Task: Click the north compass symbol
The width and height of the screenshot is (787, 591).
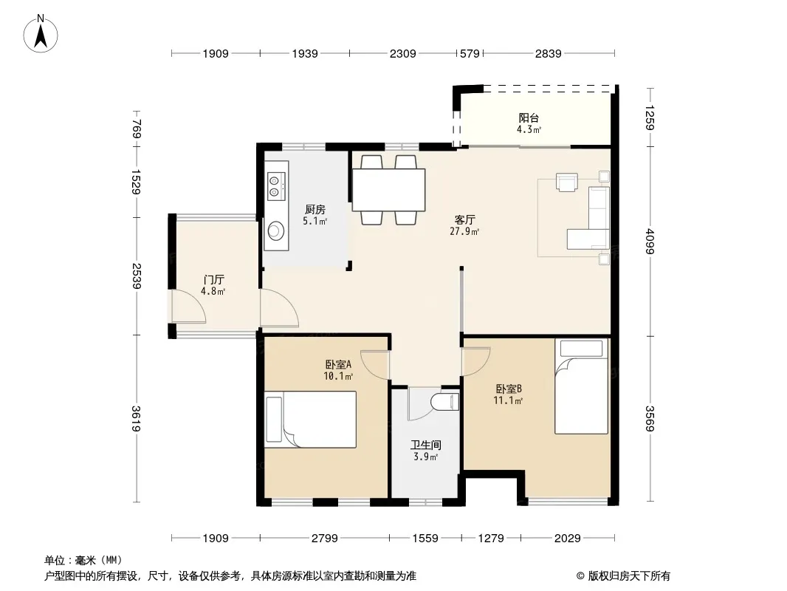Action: pyautogui.click(x=41, y=34)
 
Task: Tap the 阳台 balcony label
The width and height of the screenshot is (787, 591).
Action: pyautogui.click(x=529, y=118)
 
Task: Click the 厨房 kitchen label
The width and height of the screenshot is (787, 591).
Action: pyautogui.click(x=315, y=209)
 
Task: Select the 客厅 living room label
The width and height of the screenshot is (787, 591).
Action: pyautogui.click(x=465, y=220)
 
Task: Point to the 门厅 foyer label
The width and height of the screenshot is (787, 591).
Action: pyautogui.click(x=214, y=280)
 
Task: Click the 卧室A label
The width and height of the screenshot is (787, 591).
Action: pyautogui.click(x=338, y=364)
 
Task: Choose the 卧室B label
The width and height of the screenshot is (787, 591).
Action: pyautogui.click(x=509, y=389)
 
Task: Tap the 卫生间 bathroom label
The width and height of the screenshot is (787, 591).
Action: pyautogui.click(x=426, y=445)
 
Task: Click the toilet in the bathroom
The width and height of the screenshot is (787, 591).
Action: pyautogui.click(x=445, y=402)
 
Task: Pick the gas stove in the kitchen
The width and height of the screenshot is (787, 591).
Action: pyautogui.click(x=276, y=185)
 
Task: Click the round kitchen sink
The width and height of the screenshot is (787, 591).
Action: pyautogui.click(x=276, y=231)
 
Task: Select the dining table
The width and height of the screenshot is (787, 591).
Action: pyautogui.click(x=389, y=190)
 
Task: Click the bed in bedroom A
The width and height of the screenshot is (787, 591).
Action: pyautogui.click(x=311, y=420)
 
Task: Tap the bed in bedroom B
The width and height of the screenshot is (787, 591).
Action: pyautogui.click(x=581, y=386)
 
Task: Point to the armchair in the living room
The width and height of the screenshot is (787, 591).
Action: pyautogui.click(x=567, y=182)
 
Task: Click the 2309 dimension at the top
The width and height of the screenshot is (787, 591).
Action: pyautogui.click(x=402, y=53)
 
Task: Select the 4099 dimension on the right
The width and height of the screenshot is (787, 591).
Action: pyautogui.click(x=650, y=241)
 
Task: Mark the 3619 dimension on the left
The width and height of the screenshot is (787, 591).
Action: pyautogui.click(x=136, y=418)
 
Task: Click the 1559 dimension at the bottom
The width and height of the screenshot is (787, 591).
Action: pyautogui.click(x=425, y=539)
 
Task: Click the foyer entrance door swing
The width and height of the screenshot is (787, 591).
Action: pyautogui.click(x=188, y=305)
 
